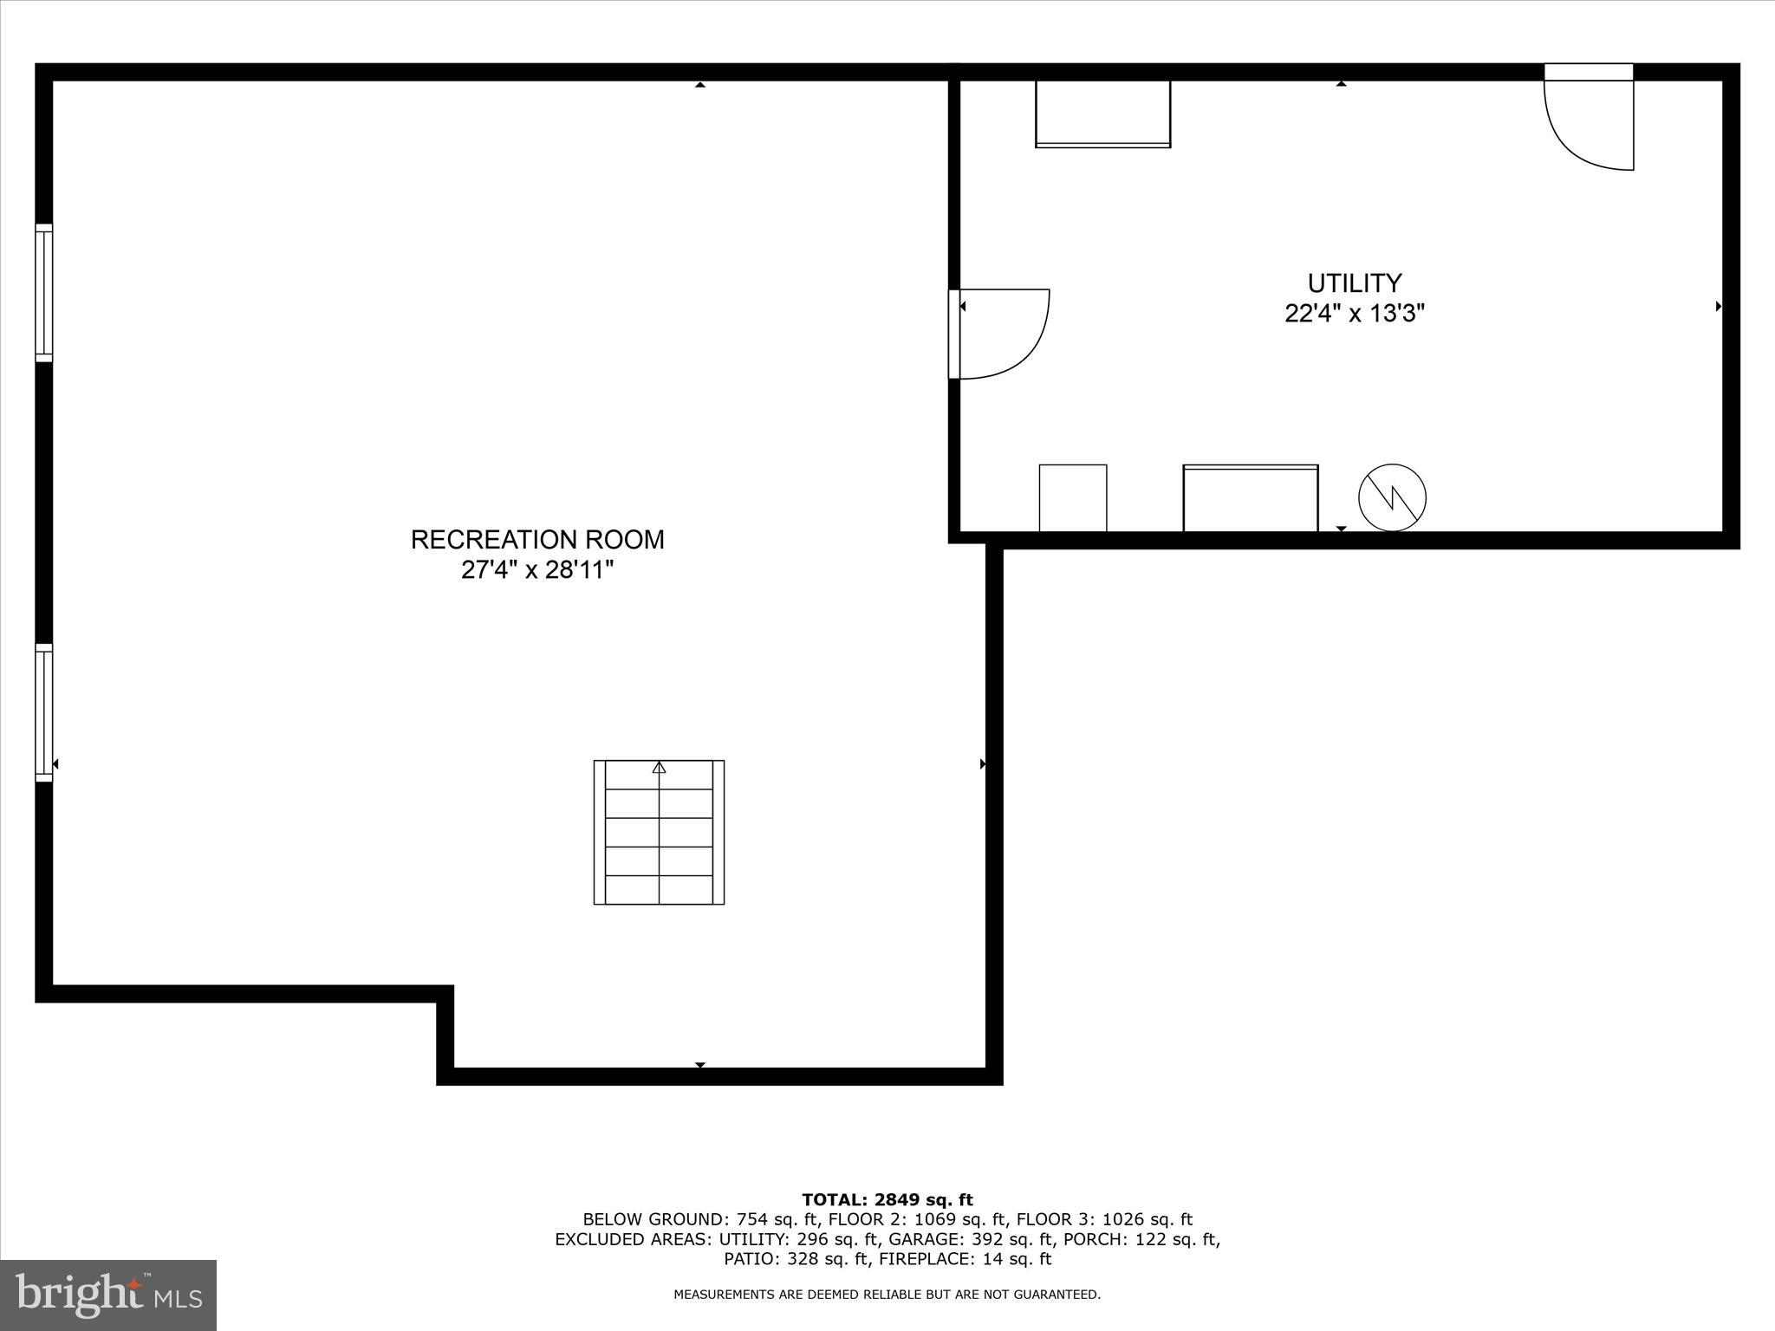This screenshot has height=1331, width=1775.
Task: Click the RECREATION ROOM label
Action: pyautogui.click(x=537, y=539)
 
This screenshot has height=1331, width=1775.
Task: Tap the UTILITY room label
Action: pyautogui.click(x=1354, y=283)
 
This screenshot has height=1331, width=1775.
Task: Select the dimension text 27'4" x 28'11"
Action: pyautogui.click(x=537, y=570)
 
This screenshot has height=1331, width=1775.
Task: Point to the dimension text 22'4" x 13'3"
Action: pyautogui.click(x=1354, y=313)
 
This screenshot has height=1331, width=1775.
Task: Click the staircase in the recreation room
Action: pyautogui.click(x=659, y=833)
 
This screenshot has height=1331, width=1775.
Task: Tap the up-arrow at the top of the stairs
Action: pyautogui.click(x=659, y=767)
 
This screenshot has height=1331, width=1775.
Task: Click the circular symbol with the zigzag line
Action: pyautogui.click(x=1392, y=497)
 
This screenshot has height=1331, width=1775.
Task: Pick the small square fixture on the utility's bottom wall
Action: pyautogui.click(x=1073, y=497)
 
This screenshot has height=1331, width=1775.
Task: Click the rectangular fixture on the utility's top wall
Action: pyautogui.click(x=1102, y=114)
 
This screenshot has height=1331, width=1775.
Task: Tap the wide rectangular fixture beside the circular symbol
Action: pyautogui.click(x=1250, y=497)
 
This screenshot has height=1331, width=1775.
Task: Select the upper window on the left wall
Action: pyautogui.click(x=44, y=293)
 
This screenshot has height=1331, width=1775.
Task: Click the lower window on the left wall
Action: pyautogui.click(x=44, y=712)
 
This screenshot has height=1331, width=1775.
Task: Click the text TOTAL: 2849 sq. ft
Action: pyautogui.click(x=887, y=1200)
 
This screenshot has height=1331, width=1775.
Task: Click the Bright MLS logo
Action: pyautogui.click(x=108, y=1295)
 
